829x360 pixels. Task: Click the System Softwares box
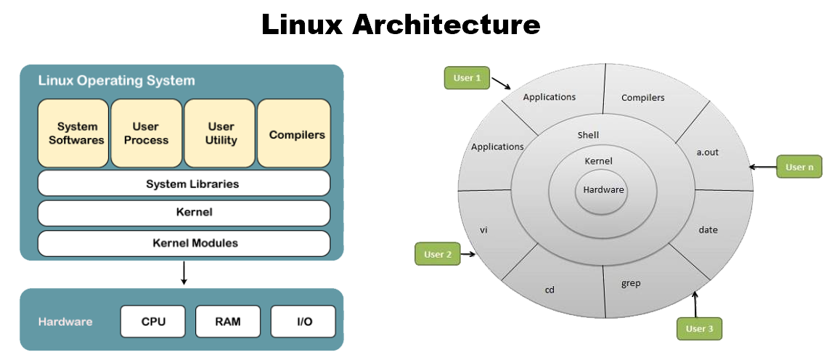click(73, 134)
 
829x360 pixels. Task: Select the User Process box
click(147, 134)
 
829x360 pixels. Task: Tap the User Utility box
click(221, 134)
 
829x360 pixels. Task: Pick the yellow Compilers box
click(295, 134)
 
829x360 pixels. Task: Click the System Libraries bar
click(184, 184)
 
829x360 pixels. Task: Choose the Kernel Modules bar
click(184, 242)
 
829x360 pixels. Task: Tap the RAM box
click(227, 321)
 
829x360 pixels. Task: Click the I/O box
click(303, 321)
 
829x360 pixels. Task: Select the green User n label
click(799, 167)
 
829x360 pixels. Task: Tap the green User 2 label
click(438, 254)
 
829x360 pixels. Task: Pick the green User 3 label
click(700, 329)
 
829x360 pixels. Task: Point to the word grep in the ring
click(631, 283)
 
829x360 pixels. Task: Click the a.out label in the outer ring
click(707, 152)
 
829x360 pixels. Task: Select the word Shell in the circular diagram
click(588, 135)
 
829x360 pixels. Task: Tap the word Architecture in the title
click(446, 25)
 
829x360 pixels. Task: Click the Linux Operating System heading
click(116, 81)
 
